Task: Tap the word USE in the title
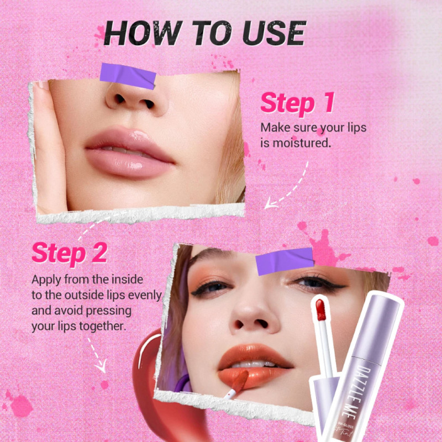pos(273,33)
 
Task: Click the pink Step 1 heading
pos(297,103)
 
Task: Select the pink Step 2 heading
pos(70,253)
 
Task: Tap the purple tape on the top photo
pos(128,76)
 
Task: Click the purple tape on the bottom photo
pos(285,261)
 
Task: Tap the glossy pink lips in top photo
pos(129,152)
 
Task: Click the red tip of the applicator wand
pos(320,309)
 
